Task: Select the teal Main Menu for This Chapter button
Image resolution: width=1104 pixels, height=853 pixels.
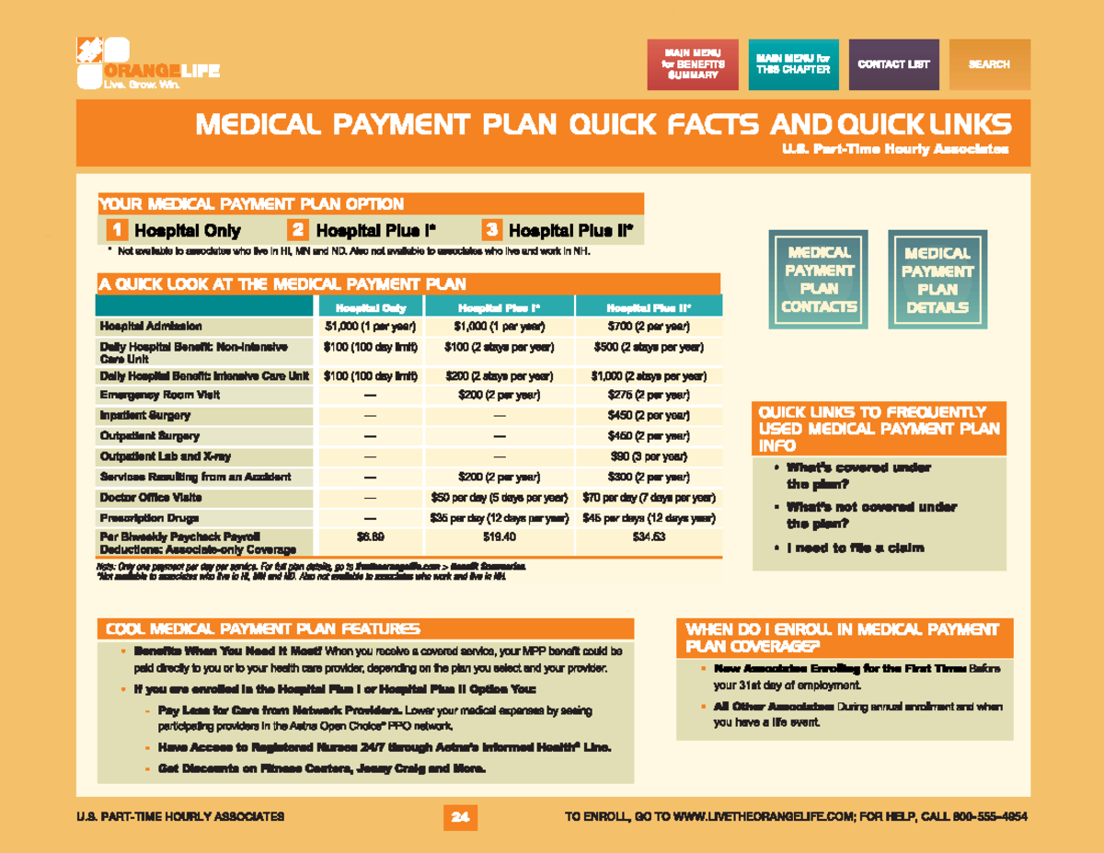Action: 793,64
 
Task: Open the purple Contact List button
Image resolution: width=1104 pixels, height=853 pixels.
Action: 893,64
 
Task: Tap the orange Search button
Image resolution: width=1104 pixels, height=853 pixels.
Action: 989,64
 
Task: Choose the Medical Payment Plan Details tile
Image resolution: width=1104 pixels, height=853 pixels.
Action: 937,281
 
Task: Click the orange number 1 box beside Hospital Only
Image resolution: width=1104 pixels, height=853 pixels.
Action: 116,230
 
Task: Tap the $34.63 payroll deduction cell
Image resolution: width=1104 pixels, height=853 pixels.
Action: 649,536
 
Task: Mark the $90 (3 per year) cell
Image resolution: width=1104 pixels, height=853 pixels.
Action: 649,456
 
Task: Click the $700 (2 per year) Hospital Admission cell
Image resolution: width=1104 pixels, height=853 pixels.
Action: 649,327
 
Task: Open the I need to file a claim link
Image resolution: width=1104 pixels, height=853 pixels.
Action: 855,548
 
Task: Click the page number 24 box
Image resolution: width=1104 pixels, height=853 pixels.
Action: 460,816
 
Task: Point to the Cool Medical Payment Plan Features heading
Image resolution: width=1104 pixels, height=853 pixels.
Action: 263,629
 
